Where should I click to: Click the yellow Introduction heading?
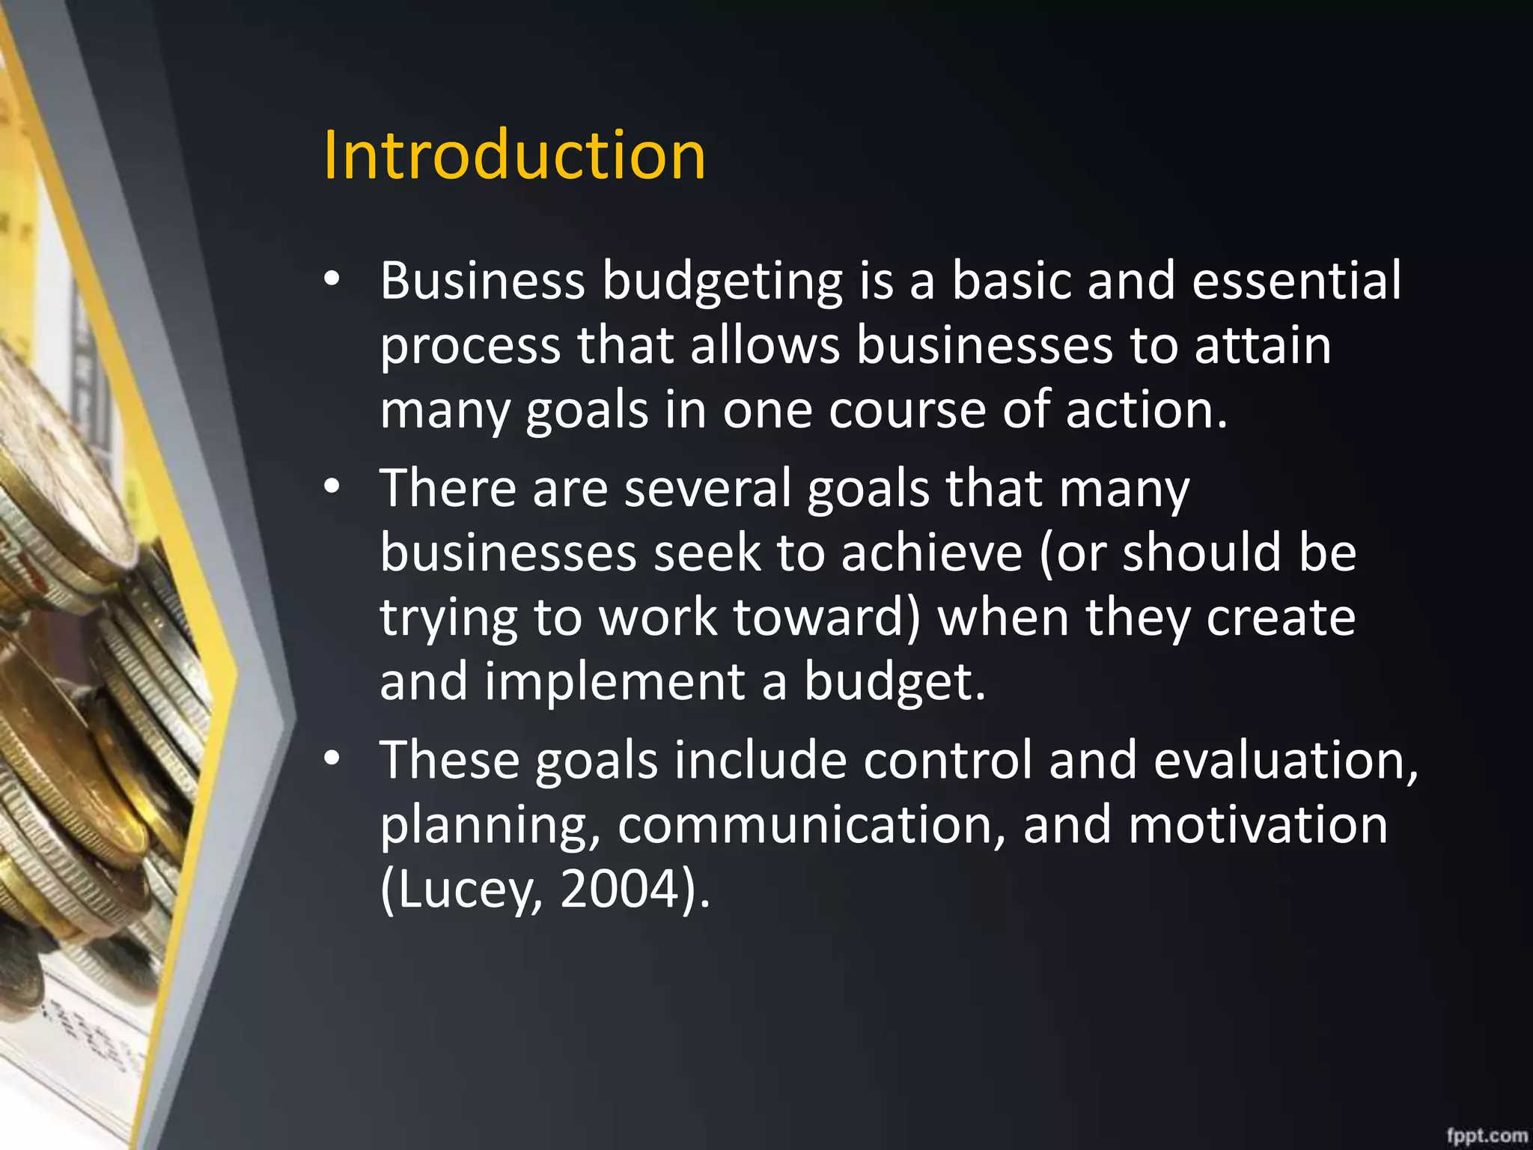pyautogui.click(x=514, y=155)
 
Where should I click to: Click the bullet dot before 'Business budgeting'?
pyautogui.click(x=332, y=279)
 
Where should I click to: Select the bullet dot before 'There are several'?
pyautogui.click(x=332, y=487)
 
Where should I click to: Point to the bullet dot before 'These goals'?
pyautogui.click(x=332, y=758)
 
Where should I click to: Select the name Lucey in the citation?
pyautogui.click(x=469, y=890)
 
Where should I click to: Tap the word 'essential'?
pyautogui.click(x=1296, y=280)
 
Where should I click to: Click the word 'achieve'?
pyautogui.click(x=932, y=553)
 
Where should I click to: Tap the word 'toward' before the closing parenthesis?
pyautogui.click(x=819, y=618)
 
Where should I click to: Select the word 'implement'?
pyautogui.click(x=615, y=684)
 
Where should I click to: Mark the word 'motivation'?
pyautogui.click(x=1258, y=824)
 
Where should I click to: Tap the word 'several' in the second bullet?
pyautogui.click(x=707, y=487)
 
